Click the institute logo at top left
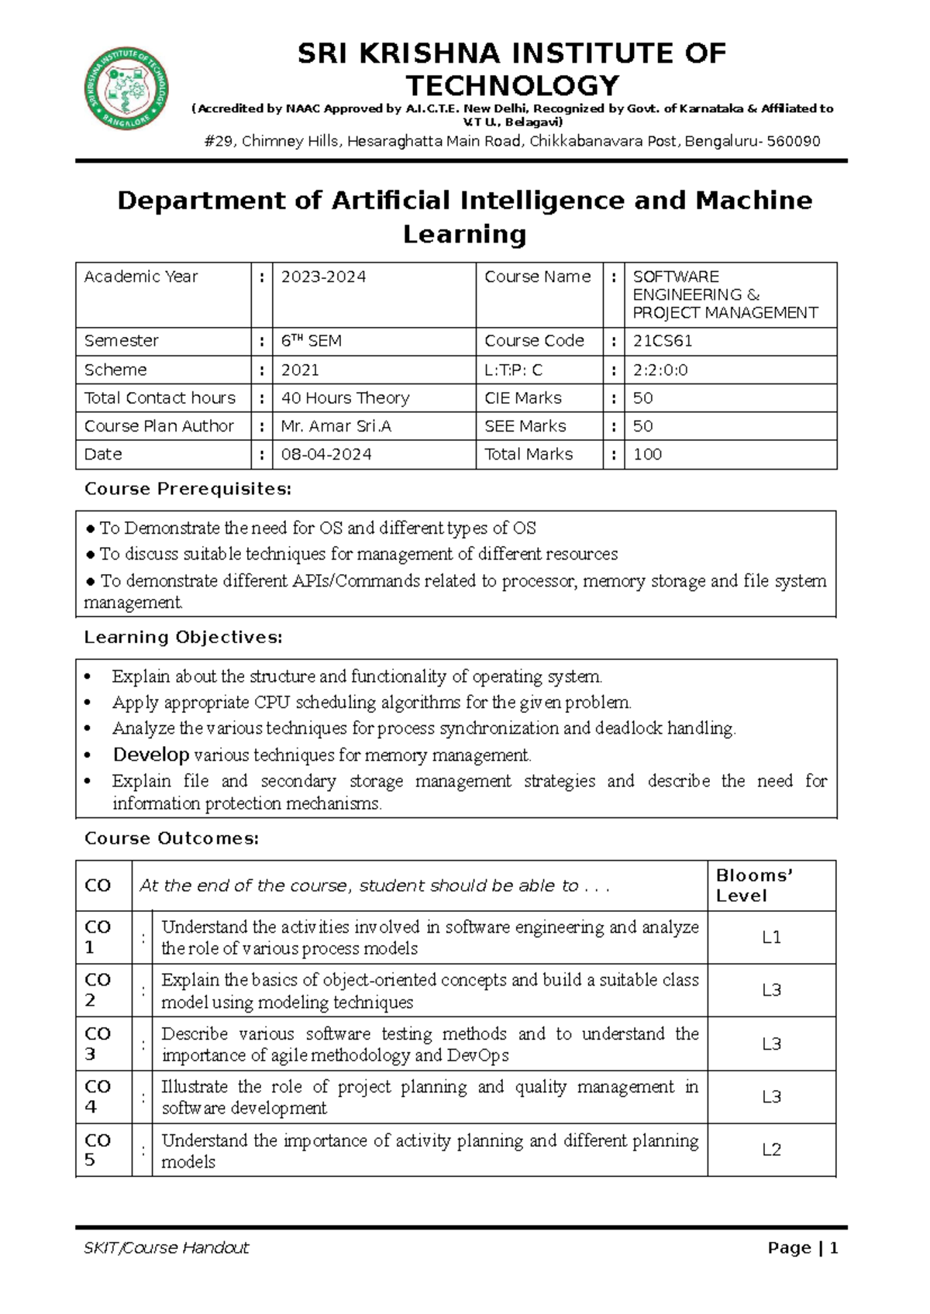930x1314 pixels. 126,88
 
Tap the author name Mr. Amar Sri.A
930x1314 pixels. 335,426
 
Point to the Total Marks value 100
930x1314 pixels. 647,455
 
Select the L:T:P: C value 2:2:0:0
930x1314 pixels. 660,370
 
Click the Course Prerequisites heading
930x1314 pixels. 188,489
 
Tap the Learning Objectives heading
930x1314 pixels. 183,638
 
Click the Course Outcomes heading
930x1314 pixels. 171,838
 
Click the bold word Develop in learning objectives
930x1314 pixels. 151,755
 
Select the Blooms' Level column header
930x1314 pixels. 742,886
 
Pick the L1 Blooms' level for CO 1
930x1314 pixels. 771,937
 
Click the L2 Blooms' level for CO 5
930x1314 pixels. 771,1151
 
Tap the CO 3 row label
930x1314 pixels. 98,1044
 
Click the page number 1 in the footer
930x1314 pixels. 834,1248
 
